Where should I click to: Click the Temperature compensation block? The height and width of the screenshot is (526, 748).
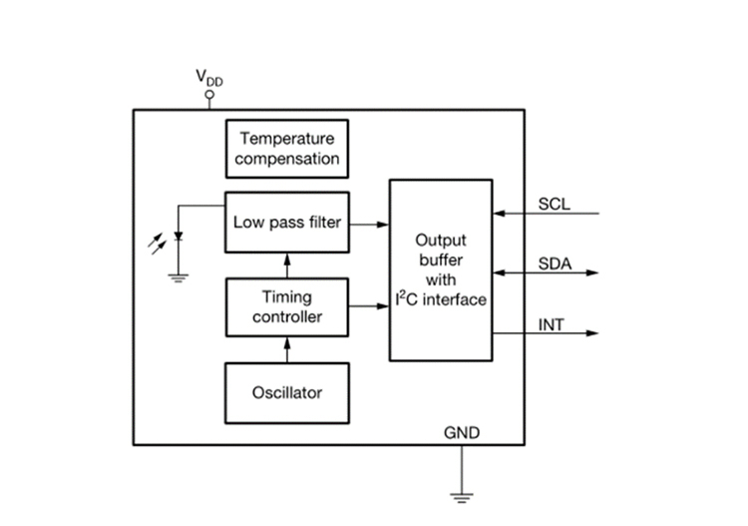coord(287,148)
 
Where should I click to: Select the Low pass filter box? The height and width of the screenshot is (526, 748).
coord(287,223)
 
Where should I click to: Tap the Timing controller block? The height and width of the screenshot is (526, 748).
coord(287,306)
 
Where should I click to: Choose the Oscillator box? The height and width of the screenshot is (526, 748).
coord(287,392)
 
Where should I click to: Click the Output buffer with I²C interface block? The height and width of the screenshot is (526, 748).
coord(440,269)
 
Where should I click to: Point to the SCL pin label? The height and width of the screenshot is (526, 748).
coord(555,205)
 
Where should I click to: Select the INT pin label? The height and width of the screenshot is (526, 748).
coord(552,324)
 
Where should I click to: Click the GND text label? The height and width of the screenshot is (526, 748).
coord(461,432)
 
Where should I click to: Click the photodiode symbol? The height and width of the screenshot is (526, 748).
coord(179,238)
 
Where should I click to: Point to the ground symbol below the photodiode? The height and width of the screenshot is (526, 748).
coord(179,278)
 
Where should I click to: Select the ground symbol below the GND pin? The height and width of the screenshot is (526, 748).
coord(461,494)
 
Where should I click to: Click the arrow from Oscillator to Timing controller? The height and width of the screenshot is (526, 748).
coord(287,349)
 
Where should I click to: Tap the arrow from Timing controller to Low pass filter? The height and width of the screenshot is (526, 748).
coord(287,264)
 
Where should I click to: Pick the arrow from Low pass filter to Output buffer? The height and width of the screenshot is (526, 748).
coord(369,224)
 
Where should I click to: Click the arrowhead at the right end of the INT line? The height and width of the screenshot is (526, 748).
coord(594,332)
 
